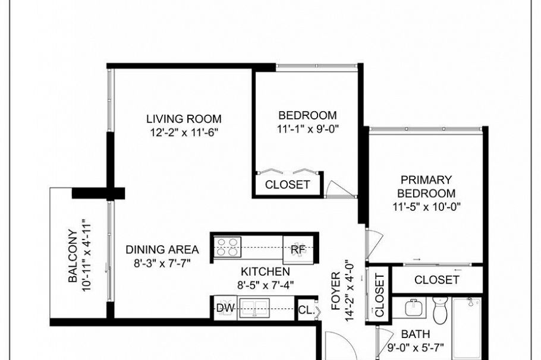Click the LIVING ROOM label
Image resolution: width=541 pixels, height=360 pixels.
pos(184,119)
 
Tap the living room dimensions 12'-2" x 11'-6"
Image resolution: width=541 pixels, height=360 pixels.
pos(184,132)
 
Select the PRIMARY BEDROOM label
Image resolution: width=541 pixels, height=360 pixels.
pos(426,187)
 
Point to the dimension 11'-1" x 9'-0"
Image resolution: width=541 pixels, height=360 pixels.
pos(308,129)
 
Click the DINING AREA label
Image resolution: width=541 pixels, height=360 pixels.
pos(162,250)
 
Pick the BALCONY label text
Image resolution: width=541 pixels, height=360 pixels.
pos(73,255)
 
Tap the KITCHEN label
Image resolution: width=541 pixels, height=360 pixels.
pos(265,271)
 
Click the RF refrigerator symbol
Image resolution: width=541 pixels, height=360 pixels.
pos(298,250)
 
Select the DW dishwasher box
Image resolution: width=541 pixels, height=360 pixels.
pos(225,308)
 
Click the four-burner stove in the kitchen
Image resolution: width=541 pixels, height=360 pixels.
pos(227,247)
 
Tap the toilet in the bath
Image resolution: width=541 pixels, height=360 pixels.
pos(440,310)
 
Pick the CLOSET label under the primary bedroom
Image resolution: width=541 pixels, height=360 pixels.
pos(437,280)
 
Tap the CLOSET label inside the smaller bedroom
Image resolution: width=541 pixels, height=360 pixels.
pos(287,185)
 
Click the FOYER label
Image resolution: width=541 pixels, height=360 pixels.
pos(336,291)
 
